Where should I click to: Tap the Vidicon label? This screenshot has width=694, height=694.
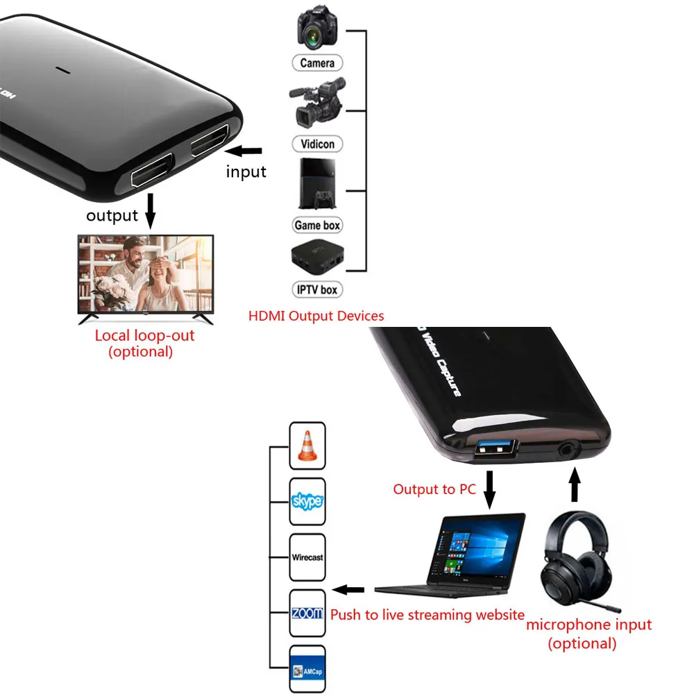(317, 144)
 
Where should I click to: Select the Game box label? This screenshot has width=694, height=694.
(317, 225)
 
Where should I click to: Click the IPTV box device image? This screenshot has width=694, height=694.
(317, 259)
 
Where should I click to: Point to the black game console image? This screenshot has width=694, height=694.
(318, 183)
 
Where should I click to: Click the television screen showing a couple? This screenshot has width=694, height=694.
(146, 274)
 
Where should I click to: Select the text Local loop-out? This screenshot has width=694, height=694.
(144, 336)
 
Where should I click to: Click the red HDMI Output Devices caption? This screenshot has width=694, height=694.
(316, 316)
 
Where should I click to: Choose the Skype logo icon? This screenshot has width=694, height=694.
(307, 501)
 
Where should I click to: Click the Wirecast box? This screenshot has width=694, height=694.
(307, 557)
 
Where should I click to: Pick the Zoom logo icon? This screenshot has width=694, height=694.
(307, 613)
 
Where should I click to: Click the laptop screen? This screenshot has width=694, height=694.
(478, 548)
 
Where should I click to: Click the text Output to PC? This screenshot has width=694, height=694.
(434, 489)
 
